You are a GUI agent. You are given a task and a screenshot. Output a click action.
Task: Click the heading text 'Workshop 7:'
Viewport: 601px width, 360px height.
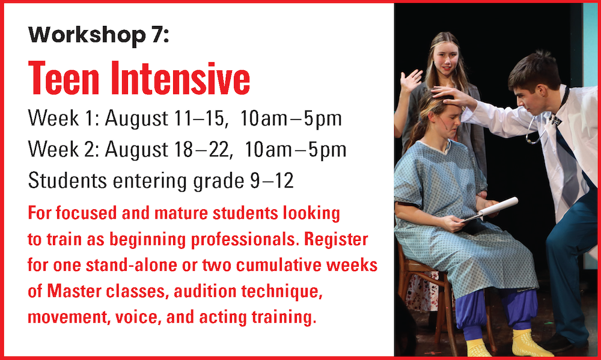click(99, 35)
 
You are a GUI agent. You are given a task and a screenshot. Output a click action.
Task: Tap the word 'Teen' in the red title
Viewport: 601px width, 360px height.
click(64, 78)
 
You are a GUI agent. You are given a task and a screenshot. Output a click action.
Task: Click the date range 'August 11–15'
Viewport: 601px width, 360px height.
click(165, 118)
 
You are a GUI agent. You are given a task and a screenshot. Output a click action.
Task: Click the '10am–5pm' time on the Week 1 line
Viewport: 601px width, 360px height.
click(291, 118)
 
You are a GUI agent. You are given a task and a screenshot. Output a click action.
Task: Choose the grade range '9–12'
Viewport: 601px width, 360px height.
click(272, 180)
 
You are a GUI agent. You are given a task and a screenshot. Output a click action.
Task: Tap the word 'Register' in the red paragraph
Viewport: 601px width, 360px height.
click(336, 240)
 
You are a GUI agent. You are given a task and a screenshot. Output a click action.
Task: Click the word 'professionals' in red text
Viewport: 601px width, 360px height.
click(245, 240)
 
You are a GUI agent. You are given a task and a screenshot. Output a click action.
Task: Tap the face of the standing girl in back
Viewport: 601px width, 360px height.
click(445, 59)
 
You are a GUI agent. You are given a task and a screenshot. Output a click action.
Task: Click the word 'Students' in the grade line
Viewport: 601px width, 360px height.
click(67, 180)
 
